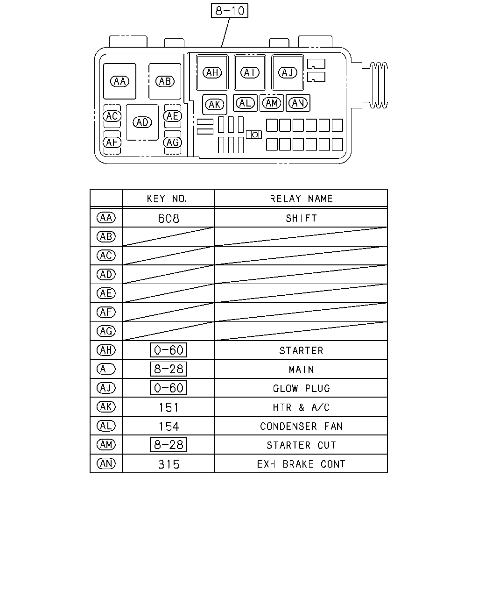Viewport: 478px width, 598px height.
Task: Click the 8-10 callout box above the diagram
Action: pyautogui.click(x=229, y=11)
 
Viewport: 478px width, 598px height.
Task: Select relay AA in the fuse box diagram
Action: pyautogui.click(x=119, y=81)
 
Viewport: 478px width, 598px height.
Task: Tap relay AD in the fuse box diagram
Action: pyautogui.click(x=142, y=122)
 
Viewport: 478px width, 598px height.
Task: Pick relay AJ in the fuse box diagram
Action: pyautogui.click(x=288, y=72)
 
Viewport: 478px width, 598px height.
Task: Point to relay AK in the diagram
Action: pyautogui.click(x=214, y=105)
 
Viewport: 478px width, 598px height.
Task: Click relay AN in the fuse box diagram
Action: pyautogui.click(x=298, y=103)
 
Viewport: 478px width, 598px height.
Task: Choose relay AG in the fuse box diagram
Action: pyautogui.click(x=172, y=142)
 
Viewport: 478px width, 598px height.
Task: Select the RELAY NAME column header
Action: pyautogui.click(x=301, y=199)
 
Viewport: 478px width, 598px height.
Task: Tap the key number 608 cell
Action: pyautogui.click(x=169, y=219)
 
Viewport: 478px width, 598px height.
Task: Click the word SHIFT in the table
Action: pyautogui.click(x=301, y=219)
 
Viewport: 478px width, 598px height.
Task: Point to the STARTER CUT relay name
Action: pyautogui.click(x=301, y=445)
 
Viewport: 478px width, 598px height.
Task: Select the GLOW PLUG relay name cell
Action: pyautogui.click(x=301, y=388)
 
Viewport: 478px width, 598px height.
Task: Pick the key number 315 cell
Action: pyautogui.click(x=169, y=464)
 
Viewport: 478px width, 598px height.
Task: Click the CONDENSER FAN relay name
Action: pyautogui.click(x=301, y=426)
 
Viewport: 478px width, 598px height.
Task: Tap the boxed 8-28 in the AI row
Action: pyautogui.click(x=169, y=369)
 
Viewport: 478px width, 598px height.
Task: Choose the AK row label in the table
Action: pyautogui.click(x=106, y=407)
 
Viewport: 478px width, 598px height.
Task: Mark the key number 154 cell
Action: pyautogui.click(x=169, y=426)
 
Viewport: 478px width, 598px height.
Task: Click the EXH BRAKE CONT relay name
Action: pyautogui.click(x=301, y=464)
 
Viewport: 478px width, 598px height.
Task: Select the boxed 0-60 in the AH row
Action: pyautogui.click(x=169, y=350)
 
